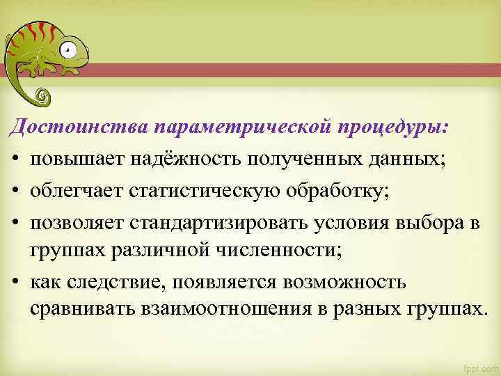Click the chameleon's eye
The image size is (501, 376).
(67, 49)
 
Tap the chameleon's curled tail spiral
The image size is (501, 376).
(42, 93)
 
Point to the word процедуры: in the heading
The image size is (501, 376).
(394, 130)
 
